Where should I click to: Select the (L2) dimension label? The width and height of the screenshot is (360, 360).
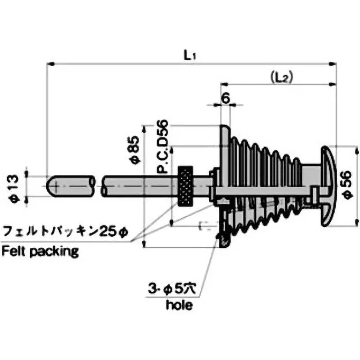tap(282, 77)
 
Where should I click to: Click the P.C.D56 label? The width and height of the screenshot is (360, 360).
tap(163, 146)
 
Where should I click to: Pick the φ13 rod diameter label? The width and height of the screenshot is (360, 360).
tap(13, 185)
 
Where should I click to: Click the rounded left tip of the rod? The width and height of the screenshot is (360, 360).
tap(50, 185)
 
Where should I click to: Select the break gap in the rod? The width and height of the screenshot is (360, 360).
tap(99, 185)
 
